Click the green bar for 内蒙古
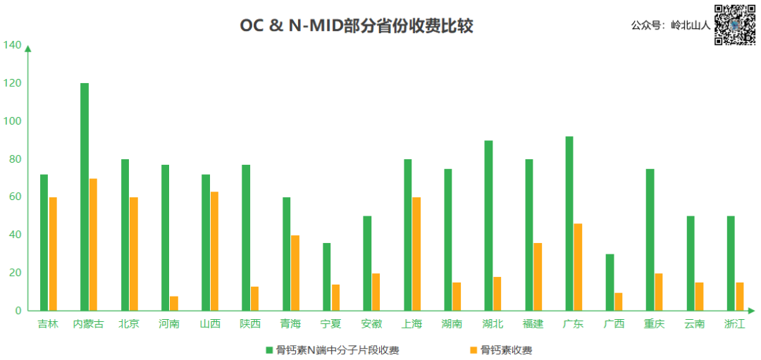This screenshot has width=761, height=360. point(85,197)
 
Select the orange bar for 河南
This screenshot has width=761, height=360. point(174,304)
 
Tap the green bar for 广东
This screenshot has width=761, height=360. point(569,223)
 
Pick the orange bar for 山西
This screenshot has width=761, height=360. point(214,251)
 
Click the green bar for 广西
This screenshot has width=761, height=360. point(610,283)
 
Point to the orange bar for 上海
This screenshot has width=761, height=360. point(416,254)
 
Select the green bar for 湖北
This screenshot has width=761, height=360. point(488,225)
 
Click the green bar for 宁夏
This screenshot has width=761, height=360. point(327,277)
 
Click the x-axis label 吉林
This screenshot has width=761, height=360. point(48,324)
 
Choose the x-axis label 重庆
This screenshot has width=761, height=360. point(653,324)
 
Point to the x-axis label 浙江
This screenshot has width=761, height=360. point(734,324)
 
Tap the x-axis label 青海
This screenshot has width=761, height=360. point(290,324)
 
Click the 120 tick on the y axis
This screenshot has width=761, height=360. point(12,83)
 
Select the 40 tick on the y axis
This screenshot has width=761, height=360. point(14,235)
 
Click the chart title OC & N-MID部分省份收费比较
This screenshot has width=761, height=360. point(356,26)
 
